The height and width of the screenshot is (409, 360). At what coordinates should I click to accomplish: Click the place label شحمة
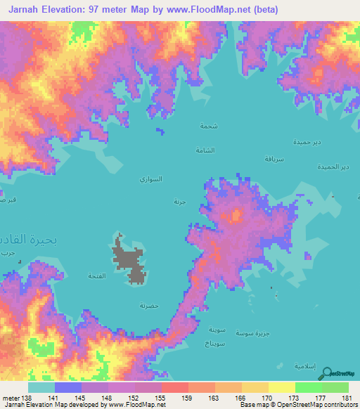(208, 126)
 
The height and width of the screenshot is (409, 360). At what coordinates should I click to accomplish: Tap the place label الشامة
(205, 150)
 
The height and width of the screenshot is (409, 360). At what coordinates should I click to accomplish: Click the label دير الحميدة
(333, 167)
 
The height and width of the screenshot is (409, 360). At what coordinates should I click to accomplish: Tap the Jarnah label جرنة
(179, 202)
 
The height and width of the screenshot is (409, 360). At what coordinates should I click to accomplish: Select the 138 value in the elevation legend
(27, 398)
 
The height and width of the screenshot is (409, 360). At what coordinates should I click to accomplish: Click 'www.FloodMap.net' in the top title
(217, 10)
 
